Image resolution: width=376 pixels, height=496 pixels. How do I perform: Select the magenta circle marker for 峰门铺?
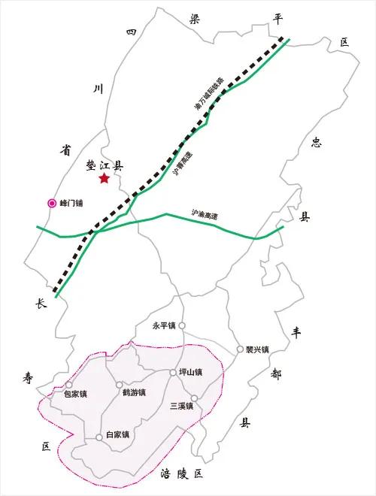pos(52,202)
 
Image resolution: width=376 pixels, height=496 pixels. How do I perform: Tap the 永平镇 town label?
pos(163,326)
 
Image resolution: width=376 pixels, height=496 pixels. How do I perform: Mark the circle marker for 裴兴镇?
pos(240,349)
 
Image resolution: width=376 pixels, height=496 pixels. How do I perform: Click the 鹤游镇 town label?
pos(133,392)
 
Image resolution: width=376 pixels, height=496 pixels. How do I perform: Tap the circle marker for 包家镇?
pos(69,385)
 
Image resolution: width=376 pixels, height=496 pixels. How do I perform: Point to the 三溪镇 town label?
pos(182,407)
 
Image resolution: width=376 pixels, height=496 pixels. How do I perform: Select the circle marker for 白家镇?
pos(99,437)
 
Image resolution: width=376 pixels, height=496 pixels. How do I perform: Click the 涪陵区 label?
pos(182,473)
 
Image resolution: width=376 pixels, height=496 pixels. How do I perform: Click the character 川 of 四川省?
pos(96,90)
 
